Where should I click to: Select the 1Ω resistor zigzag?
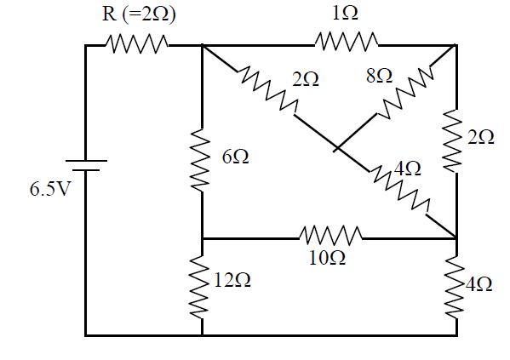(x=347, y=42)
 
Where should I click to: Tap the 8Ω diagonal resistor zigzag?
(x=404, y=93)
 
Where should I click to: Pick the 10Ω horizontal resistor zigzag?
(x=330, y=236)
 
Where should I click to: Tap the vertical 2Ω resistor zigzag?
(x=452, y=140)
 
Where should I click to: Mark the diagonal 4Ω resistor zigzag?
(x=399, y=191)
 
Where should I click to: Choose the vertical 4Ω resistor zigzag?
(x=454, y=287)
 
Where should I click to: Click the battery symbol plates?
(x=86, y=165)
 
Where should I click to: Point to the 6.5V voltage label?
(x=49, y=189)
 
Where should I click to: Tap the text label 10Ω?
(x=327, y=259)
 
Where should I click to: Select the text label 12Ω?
(x=232, y=280)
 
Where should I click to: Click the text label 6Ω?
(x=236, y=157)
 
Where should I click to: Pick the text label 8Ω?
(x=379, y=76)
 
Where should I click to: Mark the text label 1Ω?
(x=345, y=14)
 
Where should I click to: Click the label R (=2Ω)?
(x=139, y=14)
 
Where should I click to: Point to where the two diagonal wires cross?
(x=337, y=148)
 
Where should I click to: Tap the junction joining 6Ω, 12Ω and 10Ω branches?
(x=202, y=238)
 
